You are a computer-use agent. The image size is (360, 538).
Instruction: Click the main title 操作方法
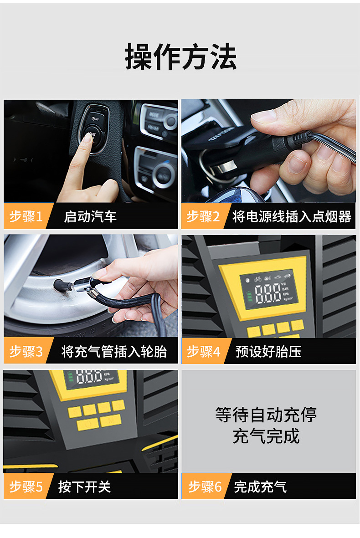pyautogui.click(x=181, y=57)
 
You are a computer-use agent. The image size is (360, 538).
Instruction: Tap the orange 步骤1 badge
pyautogui.click(x=26, y=216)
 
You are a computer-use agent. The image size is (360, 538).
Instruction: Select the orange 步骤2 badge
pyautogui.click(x=203, y=216)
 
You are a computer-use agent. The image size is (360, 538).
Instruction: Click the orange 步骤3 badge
pyautogui.click(x=26, y=351)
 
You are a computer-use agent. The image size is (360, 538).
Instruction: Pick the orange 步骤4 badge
pyautogui.click(x=203, y=351)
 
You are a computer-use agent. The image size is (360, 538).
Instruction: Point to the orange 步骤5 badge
pyautogui.click(x=26, y=487)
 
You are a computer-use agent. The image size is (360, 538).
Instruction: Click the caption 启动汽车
pyautogui.click(x=90, y=216)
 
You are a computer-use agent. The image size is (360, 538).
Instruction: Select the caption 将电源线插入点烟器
pyautogui.click(x=292, y=216)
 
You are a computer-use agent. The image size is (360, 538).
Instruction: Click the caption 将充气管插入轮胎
pyautogui.click(x=114, y=351)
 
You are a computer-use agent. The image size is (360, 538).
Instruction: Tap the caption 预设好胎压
pyautogui.click(x=268, y=351)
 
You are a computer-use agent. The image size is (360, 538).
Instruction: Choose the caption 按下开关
pyautogui.click(x=84, y=487)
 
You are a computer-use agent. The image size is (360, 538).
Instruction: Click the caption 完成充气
pyautogui.click(x=260, y=487)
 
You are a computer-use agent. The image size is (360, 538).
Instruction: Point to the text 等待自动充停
pyautogui.click(x=266, y=415)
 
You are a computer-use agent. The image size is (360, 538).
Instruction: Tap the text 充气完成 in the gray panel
pyautogui.click(x=266, y=436)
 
